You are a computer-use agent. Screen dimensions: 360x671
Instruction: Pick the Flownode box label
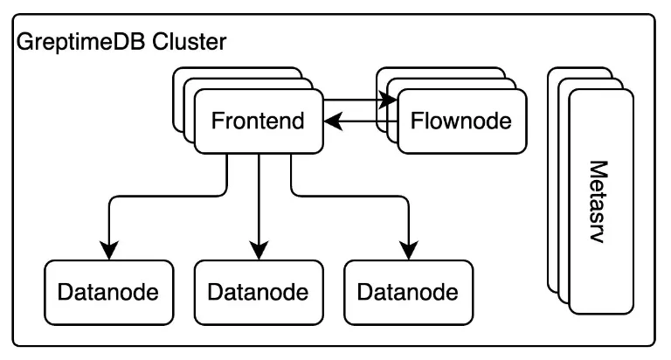click(461, 121)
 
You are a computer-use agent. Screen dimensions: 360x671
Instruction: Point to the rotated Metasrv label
click(599, 200)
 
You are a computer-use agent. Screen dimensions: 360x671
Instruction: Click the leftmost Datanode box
click(108, 292)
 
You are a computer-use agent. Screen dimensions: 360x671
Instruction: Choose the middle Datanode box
click(259, 292)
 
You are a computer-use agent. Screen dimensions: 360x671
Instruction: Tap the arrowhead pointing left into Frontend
click(330, 123)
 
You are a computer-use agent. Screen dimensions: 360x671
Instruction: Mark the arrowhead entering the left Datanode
click(108, 253)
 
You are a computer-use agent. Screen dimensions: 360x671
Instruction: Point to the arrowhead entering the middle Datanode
click(259, 253)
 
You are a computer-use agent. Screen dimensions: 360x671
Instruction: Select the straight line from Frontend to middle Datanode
click(259, 201)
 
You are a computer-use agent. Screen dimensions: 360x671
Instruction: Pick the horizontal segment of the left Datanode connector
click(166, 197)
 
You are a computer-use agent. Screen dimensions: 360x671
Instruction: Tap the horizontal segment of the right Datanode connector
click(349, 197)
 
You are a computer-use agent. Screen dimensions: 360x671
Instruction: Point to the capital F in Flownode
click(417, 121)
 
